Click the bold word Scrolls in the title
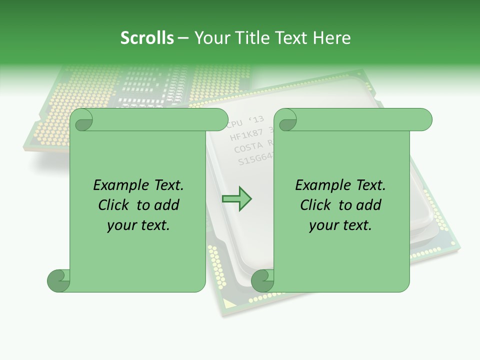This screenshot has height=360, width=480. (147, 37)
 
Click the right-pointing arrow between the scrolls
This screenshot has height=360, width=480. (236, 199)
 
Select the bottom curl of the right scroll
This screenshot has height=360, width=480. (262, 280)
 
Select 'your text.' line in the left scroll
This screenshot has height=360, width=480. (138, 225)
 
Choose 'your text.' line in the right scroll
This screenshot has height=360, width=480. (340, 225)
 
